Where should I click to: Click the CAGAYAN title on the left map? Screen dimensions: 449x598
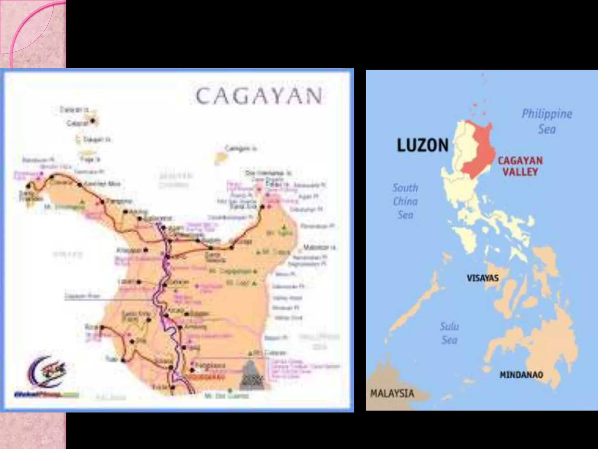point(259,96)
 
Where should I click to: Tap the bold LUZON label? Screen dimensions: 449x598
point(423,145)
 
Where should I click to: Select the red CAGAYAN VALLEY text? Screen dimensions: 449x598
point(520,166)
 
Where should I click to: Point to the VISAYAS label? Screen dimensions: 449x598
point(482,278)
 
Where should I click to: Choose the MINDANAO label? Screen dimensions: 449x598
point(521,375)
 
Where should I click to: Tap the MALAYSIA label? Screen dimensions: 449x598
point(392,393)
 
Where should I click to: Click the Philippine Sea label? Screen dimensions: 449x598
point(547,121)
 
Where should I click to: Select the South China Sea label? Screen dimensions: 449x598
point(405,201)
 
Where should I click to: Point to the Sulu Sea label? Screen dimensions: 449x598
point(449,333)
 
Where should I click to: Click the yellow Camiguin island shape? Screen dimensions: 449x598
point(220,158)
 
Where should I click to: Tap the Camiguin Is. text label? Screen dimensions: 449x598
point(241,149)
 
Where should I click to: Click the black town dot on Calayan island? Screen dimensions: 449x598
point(93,120)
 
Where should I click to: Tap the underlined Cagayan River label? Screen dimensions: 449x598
point(82,296)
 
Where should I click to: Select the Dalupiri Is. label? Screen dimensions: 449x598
point(97,139)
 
